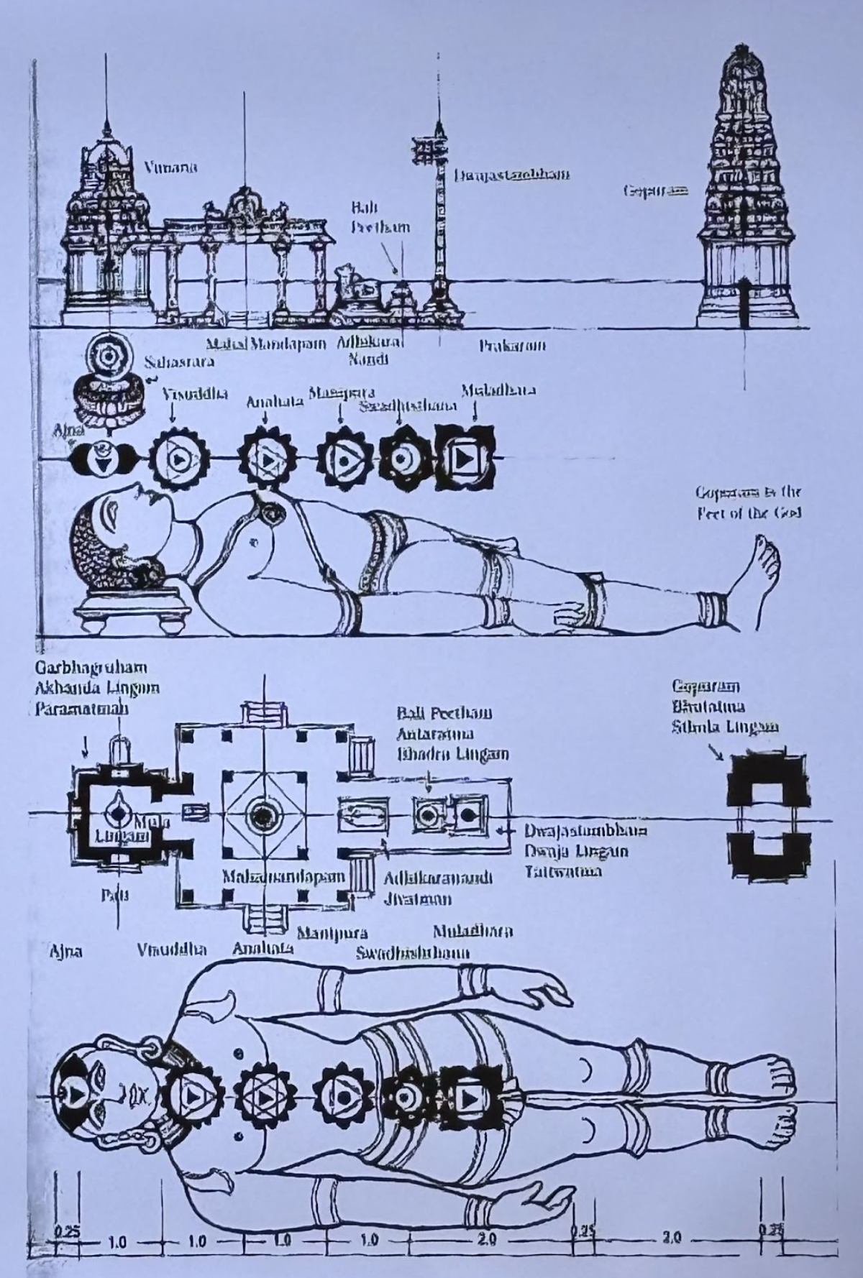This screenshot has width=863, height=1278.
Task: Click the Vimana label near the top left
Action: pos(170,168)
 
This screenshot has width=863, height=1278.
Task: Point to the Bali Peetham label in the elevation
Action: pos(380,218)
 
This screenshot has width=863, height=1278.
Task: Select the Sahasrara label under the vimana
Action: pos(180,361)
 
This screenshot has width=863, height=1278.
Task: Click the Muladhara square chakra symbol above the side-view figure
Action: pos(465,457)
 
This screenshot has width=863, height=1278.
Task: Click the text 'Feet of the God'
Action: pos(749,513)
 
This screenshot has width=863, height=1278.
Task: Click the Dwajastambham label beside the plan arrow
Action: pos(585,831)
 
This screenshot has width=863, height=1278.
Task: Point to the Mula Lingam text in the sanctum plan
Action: pos(129,828)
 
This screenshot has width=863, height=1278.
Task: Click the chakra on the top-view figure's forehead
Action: pos(74,1094)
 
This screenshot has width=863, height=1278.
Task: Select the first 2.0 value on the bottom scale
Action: pos(486,1240)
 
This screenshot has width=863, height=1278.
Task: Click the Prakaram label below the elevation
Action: pos(512,346)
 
